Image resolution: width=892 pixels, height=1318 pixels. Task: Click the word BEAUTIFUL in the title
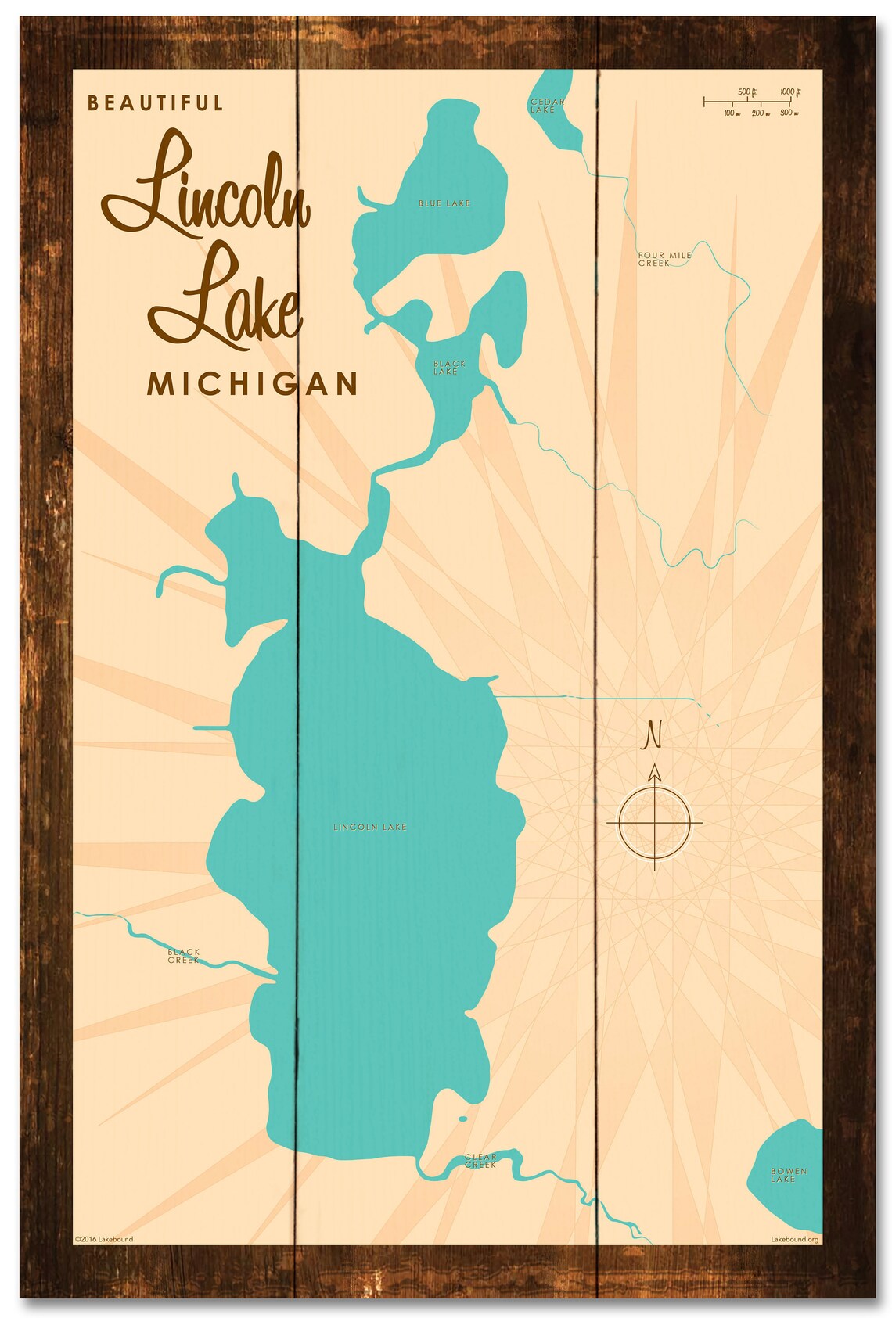156,103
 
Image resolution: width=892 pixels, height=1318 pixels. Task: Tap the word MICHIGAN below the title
252,384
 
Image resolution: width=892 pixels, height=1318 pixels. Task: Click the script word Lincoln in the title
205,185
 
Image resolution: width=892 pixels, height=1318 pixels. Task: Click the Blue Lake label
444,203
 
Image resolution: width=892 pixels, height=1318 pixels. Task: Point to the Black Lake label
448,368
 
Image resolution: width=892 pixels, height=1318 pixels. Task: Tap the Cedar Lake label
545,106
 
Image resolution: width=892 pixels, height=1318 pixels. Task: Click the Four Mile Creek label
664,259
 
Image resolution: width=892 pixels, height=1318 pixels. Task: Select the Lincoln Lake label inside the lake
369,827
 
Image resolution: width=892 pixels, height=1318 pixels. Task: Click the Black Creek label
184,956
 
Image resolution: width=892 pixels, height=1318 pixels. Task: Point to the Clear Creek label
480,1161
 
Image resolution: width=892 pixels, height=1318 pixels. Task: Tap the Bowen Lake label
787,1175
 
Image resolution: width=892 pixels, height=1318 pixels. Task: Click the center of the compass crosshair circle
655,823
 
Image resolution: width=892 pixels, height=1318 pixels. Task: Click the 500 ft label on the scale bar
746,92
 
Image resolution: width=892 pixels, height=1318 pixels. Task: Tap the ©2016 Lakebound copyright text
103,1239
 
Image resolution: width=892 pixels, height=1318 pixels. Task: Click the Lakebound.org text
794,1239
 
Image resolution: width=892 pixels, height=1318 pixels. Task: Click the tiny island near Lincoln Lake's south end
462,1119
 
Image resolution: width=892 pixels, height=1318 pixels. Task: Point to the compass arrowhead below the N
655,773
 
